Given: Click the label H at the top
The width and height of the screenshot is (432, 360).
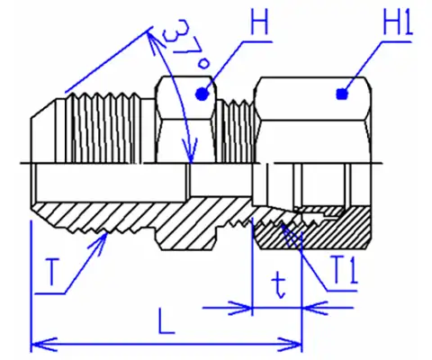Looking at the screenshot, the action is click(259, 21).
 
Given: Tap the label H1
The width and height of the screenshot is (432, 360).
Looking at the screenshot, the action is click(398, 21).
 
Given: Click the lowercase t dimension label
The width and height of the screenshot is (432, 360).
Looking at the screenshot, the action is click(279, 287).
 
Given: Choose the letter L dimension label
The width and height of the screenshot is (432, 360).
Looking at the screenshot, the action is click(166, 321).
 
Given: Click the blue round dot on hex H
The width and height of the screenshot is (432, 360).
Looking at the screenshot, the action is click(202, 94).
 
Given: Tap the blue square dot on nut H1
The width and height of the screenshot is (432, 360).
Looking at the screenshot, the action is click(342, 94).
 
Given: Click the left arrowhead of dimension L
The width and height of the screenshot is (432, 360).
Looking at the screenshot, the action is click(43, 344).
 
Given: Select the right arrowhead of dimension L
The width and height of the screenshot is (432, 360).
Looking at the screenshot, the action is click(290, 344).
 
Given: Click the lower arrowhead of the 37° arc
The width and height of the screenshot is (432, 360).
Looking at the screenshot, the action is click(190, 150).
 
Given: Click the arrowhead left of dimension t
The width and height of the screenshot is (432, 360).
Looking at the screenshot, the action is click(240, 308).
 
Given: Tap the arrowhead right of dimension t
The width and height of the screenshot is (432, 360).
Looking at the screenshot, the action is click(314, 308).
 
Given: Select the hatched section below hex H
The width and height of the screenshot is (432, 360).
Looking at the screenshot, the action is click(186, 237).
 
